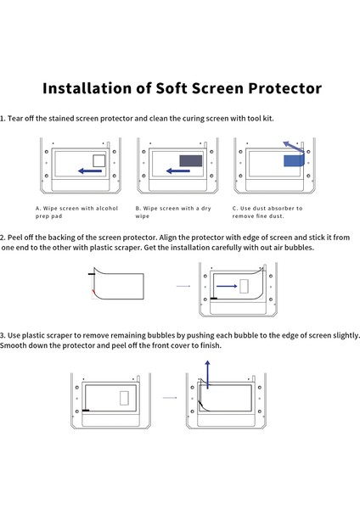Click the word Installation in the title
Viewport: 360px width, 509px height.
click(x=84, y=88)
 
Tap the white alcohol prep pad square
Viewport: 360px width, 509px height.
click(x=98, y=159)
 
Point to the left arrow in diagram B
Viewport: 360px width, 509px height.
click(x=178, y=171)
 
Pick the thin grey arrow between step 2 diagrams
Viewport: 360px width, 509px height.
click(x=183, y=287)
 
